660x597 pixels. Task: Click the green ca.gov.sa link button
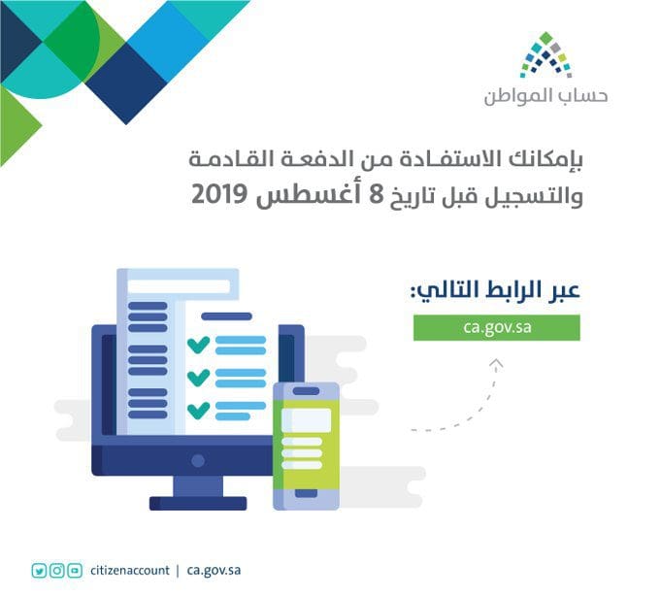click(x=497, y=327)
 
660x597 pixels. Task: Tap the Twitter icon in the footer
click(x=39, y=571)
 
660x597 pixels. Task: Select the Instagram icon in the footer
click(x=57, y=571)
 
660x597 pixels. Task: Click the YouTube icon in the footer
click(x=75, y=571)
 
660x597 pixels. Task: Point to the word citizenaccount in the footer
click(x=130, y=571)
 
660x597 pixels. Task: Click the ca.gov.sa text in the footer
click(x=214, y=571)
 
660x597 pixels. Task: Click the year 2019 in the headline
click(x=218, y=195)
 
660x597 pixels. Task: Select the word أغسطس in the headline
click(x=310, y=195)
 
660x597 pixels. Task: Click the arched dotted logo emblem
click(x=545, y=54)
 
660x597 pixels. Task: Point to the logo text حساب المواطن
click(x=545, y=96)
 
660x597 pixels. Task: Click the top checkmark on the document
click(x=198, y=346)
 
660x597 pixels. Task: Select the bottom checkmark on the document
click(x=198, y=411)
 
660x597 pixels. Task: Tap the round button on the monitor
click(x=198, y=460)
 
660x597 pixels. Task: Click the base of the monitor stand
click(x=198, y=503)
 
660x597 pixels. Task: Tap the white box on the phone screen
click(x=307, y=419)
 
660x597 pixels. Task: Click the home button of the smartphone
click(x=306, y=493)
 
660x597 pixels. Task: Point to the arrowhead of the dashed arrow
click(x=497, y=364)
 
